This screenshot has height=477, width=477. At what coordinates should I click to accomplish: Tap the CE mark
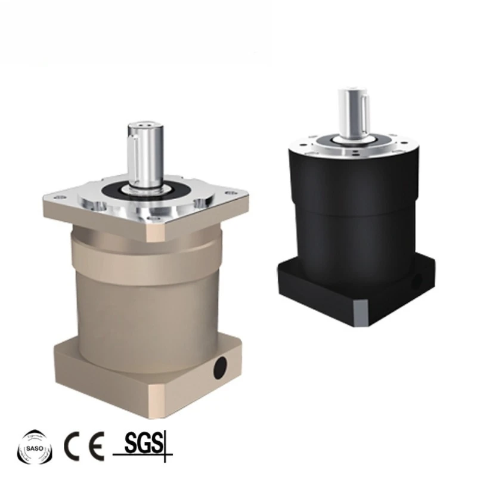83,446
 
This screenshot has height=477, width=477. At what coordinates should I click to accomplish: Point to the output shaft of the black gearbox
353,114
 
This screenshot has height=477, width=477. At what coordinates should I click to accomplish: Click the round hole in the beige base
220,368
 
